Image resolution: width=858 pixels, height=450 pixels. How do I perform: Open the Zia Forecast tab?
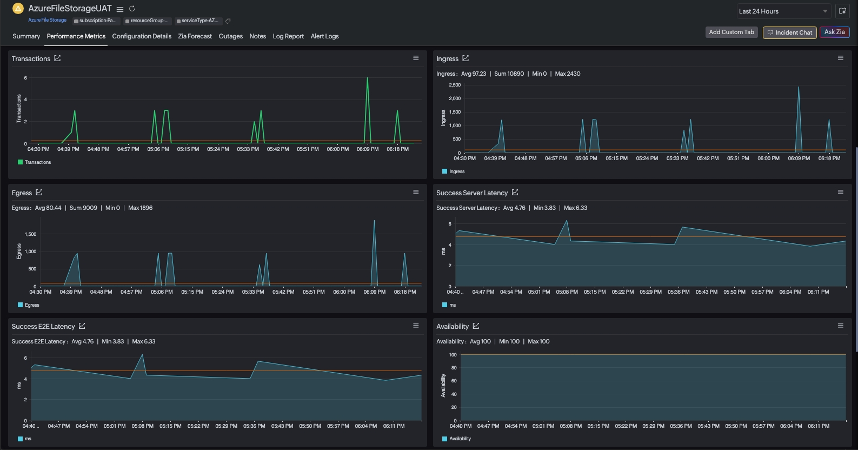[195, 36]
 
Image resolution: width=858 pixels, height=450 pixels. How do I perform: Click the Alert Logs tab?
[324, 36]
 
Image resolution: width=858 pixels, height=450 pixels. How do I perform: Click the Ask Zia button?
[834, 32]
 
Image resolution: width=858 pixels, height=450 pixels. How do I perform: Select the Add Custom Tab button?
[731, 32]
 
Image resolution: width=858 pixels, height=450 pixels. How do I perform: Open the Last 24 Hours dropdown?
[783, 11]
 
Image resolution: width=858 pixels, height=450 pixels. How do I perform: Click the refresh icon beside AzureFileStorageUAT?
[132, 9]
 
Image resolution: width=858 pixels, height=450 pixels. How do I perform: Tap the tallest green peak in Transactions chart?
[368, 78]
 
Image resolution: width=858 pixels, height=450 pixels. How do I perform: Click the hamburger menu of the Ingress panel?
[840, 58]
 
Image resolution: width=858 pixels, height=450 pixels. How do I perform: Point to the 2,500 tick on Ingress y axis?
[455, 85]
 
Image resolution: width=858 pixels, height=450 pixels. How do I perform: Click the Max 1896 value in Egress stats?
[140, 208]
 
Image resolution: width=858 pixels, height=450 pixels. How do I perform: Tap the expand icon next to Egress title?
[39, 193]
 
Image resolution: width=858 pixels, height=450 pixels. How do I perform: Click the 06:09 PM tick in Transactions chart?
[368, 149]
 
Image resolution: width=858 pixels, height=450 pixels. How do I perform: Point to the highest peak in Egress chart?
[374, 221]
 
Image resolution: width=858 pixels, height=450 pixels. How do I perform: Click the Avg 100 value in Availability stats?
[480, 341]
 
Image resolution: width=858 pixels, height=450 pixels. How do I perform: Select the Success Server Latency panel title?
[472, 193]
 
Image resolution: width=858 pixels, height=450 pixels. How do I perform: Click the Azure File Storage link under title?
[47, 20]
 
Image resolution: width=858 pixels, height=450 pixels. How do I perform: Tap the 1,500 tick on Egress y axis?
[30, 234]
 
